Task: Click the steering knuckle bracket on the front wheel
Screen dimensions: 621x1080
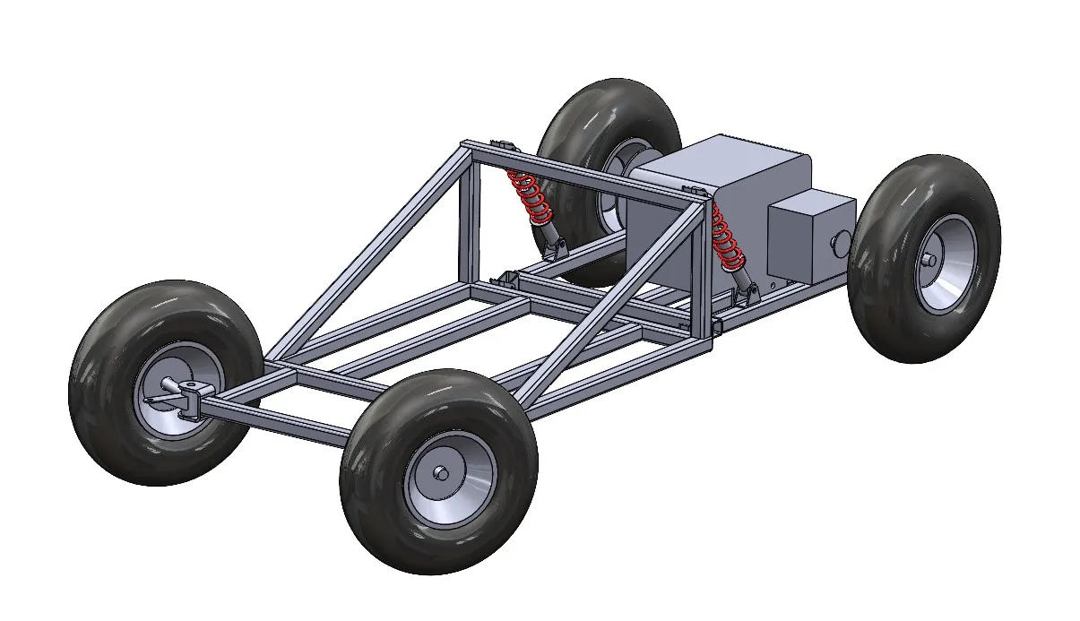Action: point(190,395)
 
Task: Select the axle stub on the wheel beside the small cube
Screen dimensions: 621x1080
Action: point(928,259)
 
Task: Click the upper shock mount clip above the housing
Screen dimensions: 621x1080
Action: point(692,190)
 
